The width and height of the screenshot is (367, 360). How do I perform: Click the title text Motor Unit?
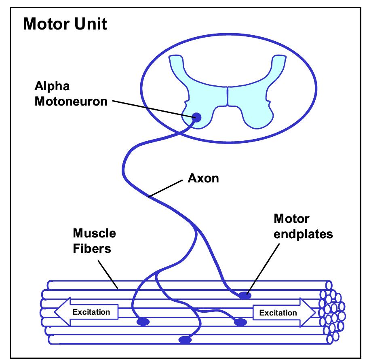click(65, 24)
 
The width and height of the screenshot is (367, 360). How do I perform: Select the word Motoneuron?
click(71, 101)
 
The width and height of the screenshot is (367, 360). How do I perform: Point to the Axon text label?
click(203, 178)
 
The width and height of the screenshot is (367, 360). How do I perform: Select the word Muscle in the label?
click(94, 233)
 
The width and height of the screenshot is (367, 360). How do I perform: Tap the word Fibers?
click(91, 248)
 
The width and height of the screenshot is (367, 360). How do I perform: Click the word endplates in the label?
click(303, 234)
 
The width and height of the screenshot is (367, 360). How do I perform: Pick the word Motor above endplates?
click(291, 219)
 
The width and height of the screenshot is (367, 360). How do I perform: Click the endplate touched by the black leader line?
click(244, 295)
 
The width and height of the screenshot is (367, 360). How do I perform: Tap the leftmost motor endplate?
click(143, 322)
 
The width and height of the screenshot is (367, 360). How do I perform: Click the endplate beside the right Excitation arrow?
click(240, 322)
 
